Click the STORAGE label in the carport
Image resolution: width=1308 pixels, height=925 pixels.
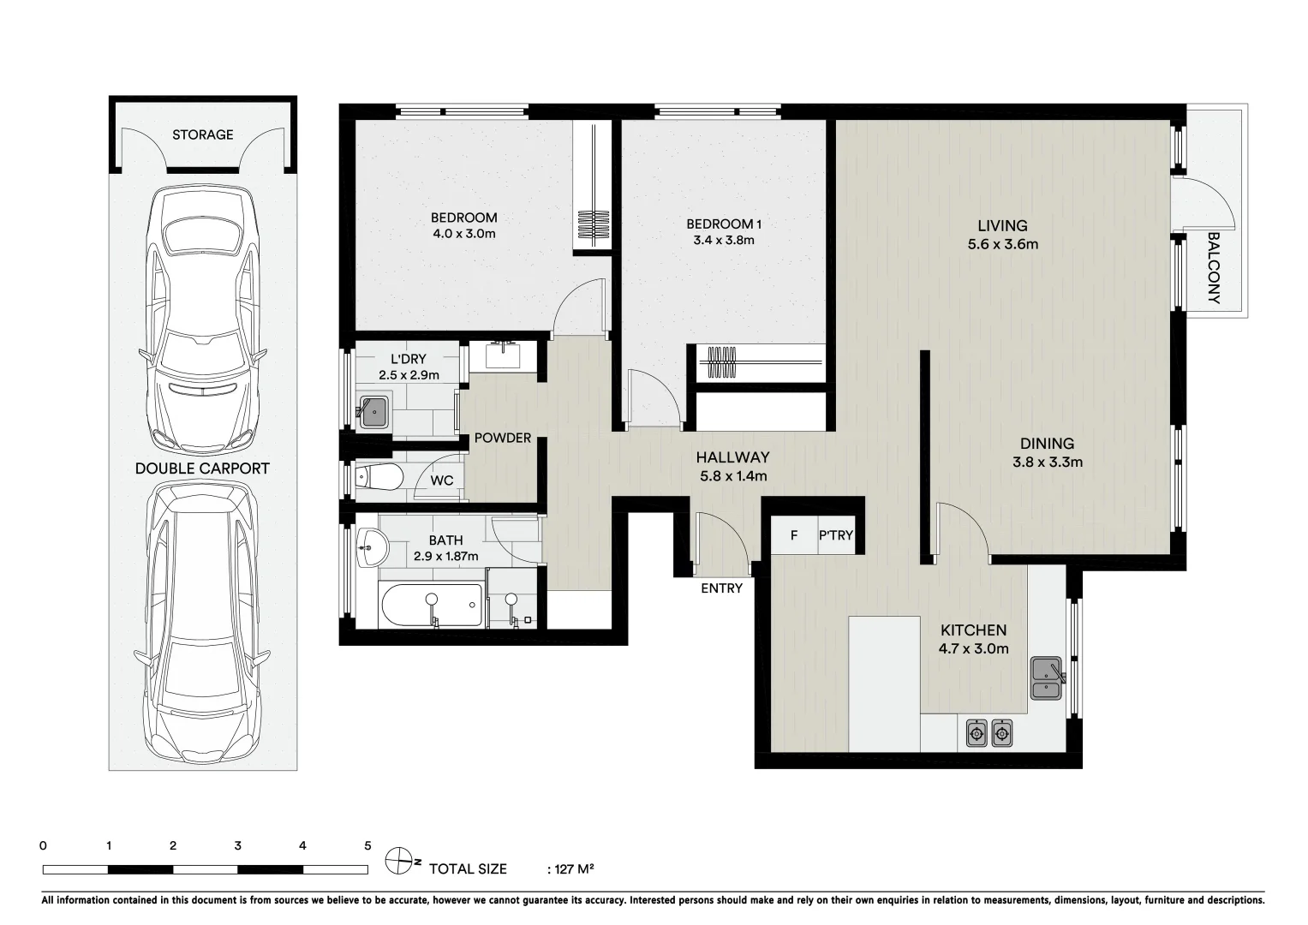point(202,134)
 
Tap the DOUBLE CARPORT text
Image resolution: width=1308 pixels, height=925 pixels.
point(202,468)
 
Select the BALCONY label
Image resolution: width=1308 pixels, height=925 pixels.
point(1213,268)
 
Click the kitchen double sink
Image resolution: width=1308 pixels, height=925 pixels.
point(1047,678)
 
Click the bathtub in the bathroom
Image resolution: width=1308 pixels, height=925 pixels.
point(431,606)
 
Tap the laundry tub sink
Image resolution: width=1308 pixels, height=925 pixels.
point(374,412)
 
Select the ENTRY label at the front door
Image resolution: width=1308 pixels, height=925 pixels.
point(721,588)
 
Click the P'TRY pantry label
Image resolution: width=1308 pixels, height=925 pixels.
point(836,535)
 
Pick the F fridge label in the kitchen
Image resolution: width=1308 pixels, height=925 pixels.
point(794,535)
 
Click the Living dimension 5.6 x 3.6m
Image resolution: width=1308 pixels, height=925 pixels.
point(1002,244)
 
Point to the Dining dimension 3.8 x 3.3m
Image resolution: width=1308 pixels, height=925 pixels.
point(1047,462)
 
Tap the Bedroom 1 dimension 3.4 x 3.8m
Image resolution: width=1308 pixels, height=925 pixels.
point(724,241)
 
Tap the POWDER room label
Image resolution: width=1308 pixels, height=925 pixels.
point(503,438)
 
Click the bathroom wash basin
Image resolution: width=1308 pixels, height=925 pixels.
point(372,546)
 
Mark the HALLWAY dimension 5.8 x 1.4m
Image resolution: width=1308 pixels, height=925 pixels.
point(732,476)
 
